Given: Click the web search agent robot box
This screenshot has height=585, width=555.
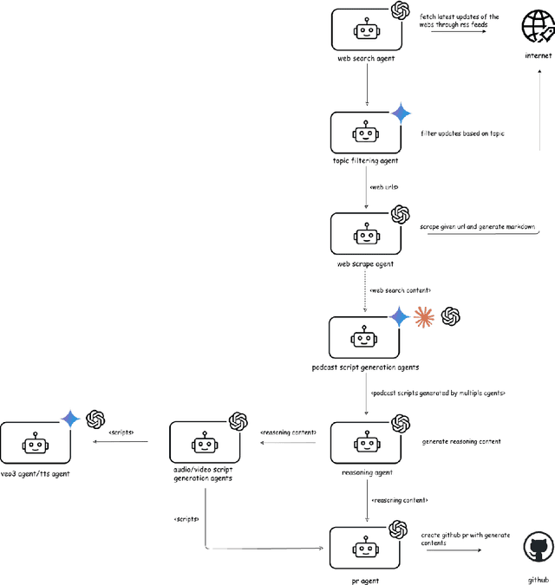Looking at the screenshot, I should point(365,29).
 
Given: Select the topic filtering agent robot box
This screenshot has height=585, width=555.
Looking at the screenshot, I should point(365,133).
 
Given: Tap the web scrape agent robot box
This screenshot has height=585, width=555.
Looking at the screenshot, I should point(365,234).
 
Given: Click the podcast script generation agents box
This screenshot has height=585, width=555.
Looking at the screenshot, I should point(365,337).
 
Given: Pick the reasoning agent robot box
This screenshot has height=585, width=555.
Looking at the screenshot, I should point(365,444).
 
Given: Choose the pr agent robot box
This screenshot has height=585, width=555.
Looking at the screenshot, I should point(365,548).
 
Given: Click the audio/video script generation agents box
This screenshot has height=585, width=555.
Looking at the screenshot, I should point(204,444).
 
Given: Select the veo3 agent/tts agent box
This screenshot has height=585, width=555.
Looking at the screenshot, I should point(35,444).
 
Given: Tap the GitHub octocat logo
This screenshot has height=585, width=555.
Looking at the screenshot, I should point(537,549).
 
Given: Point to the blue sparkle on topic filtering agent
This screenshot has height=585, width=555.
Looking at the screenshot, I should point(401,113).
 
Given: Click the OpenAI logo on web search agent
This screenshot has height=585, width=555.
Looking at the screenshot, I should point(400,10).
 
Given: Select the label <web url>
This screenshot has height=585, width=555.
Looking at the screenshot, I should point(382,186).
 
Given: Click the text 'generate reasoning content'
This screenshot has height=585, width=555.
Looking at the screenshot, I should point(461,441).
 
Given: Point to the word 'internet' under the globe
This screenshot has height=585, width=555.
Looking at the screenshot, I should point(537,55).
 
